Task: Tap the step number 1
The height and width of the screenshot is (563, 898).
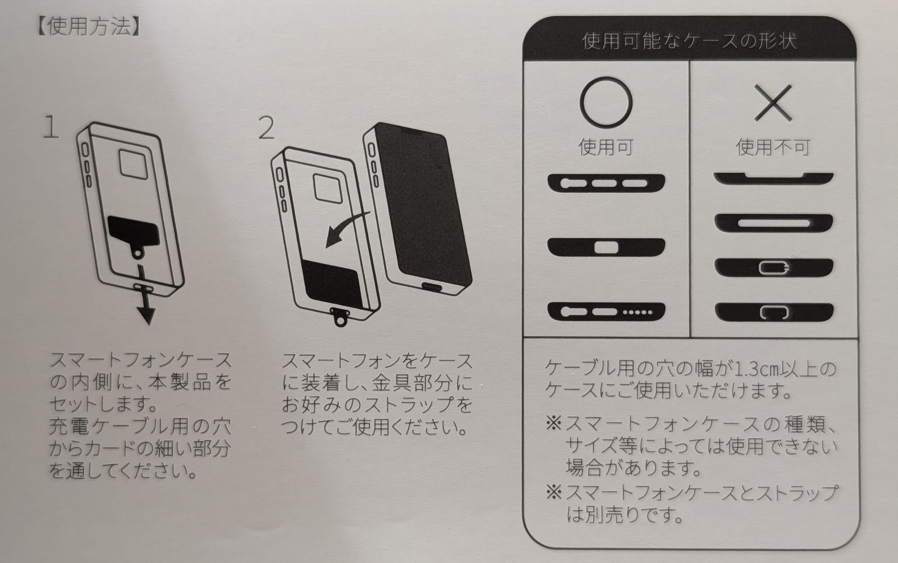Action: pos(51,126)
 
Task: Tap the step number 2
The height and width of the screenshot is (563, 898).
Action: pos(267,128)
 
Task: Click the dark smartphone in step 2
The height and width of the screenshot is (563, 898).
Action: pos(418,208)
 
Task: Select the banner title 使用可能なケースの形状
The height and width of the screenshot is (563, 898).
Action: pos(689,42)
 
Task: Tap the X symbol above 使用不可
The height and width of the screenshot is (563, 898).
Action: pos(773,103)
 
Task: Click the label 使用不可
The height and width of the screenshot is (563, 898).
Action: pos(773,147)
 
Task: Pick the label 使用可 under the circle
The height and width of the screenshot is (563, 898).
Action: pos(606,147)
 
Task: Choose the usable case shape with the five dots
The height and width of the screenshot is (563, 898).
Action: pos(606,312)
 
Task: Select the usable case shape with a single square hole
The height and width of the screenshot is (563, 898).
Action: pos(606,247)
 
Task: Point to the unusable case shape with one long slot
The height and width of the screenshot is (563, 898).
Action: pos(773,223)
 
